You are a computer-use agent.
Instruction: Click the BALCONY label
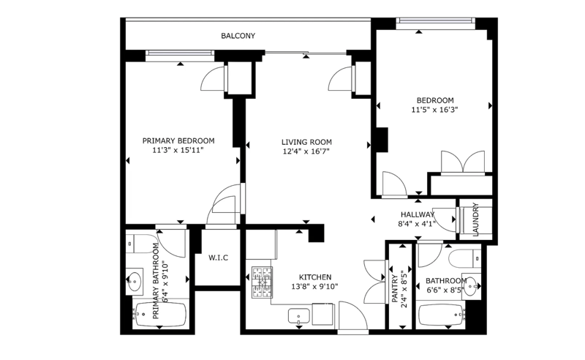[x=238, y=36]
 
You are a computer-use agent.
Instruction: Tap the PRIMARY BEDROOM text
[x=178, y=140]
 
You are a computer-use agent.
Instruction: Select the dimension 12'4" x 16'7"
[x=306, y=151]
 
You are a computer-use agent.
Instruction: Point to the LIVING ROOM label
[x=306, y=142]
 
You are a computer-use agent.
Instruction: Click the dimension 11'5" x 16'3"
[x=434, y=110]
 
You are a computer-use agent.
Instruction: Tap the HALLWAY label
[x=418, y=214]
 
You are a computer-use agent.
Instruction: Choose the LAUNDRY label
[x=475, y=220]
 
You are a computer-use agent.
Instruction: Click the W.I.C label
[x=218, y=258]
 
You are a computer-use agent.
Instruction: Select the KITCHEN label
[x=315, y=277]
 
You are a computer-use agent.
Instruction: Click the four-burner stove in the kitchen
[x=262, y=282]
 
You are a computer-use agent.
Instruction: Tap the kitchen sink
[x=299, y=316]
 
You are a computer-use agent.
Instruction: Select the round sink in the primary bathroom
[x=135, y=280]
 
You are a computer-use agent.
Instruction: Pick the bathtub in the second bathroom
[x=442, y=315]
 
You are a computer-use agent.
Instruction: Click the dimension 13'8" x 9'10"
[x=315, y=286]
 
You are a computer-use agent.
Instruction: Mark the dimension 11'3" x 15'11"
[x=178, y=150]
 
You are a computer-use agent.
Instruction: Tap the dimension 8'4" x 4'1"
[x=417, y=224]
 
